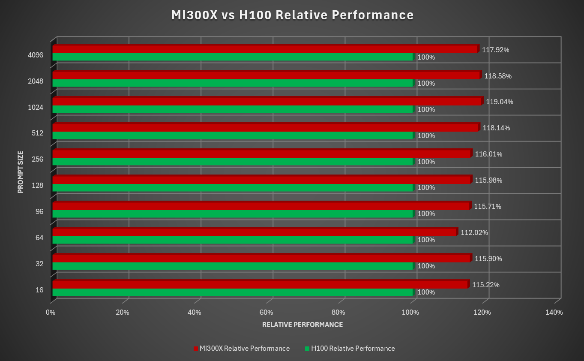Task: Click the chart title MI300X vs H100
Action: coord(292,15)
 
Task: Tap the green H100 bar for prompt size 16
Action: coord(232,292)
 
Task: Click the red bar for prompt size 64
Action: coord(255,232)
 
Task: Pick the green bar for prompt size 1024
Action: coord(232,109)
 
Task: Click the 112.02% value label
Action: coord(474,233)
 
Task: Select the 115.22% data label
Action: coord(486,285)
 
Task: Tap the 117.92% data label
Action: coord(495,50)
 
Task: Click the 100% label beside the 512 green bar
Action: coord(426,136)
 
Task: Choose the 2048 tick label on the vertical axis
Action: coord(36,81)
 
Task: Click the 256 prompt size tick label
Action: coord(38,159)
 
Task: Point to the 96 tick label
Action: coord(39,212)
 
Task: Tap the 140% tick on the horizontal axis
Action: coord(554,313)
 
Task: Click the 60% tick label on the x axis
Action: coord(267,313)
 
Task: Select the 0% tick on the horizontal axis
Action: coord(51,313)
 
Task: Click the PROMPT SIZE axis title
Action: coord(21,171)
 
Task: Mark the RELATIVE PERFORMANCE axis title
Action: coord(302,325)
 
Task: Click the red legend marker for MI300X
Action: coord(196,349)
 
